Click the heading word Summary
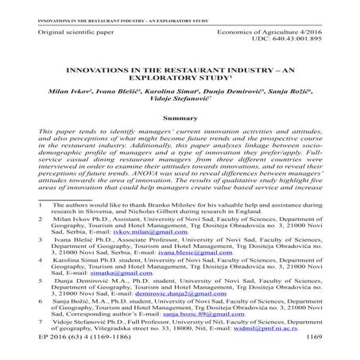point(180,117)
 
